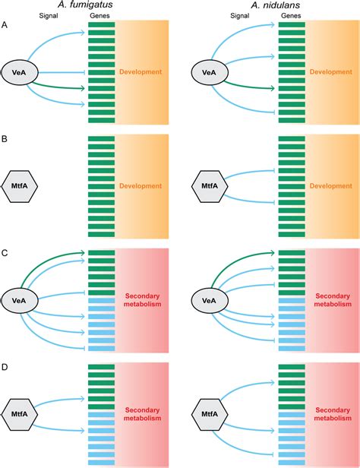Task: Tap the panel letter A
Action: point(6,25)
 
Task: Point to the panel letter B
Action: point(6,140)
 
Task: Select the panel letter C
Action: point(6,253)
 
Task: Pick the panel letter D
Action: point(6,367)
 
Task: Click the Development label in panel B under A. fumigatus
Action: point(141,185)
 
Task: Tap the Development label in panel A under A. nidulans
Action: point(330,71)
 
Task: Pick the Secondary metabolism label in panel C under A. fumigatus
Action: point(141,300)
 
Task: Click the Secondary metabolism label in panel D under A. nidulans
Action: point(330,414)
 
